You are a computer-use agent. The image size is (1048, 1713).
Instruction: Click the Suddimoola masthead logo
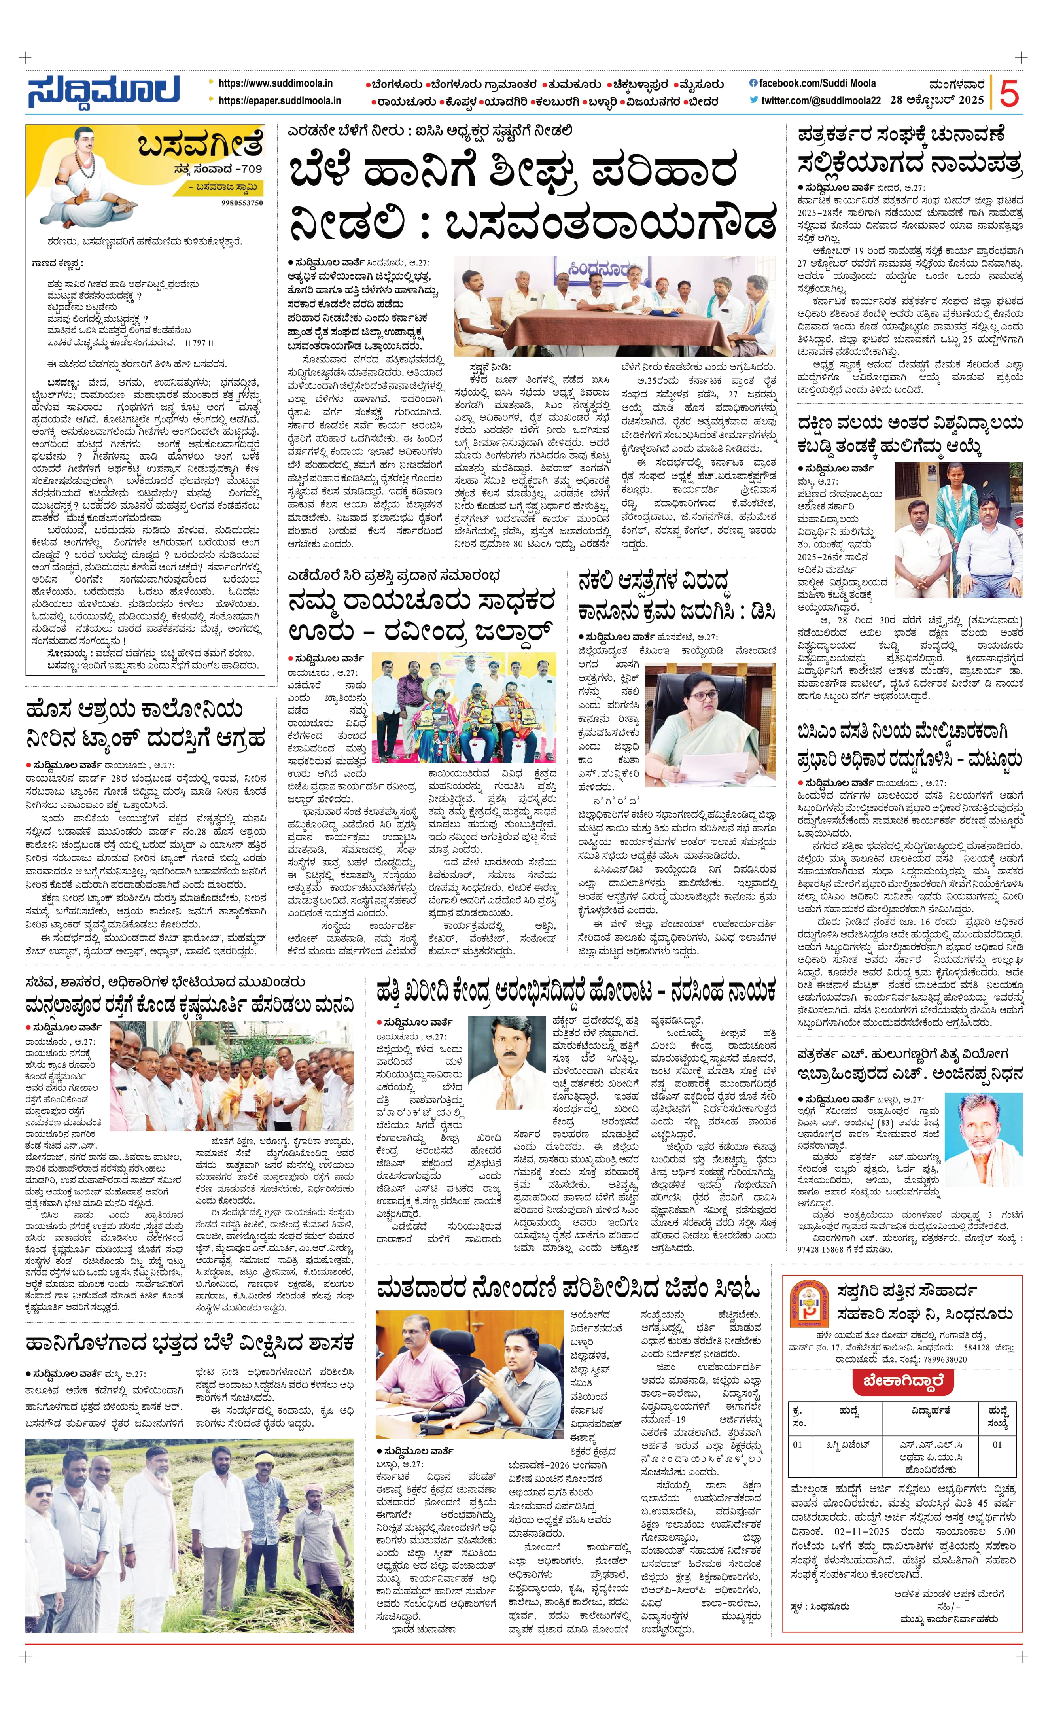(x=104, y=91)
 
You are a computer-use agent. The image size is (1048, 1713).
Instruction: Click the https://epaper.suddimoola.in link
(x=279, y=100)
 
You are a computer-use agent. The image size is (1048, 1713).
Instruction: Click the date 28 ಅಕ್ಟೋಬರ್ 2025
(x=937, y=100)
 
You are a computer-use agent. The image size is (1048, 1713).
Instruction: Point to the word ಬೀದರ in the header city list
(x=703, y=102)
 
